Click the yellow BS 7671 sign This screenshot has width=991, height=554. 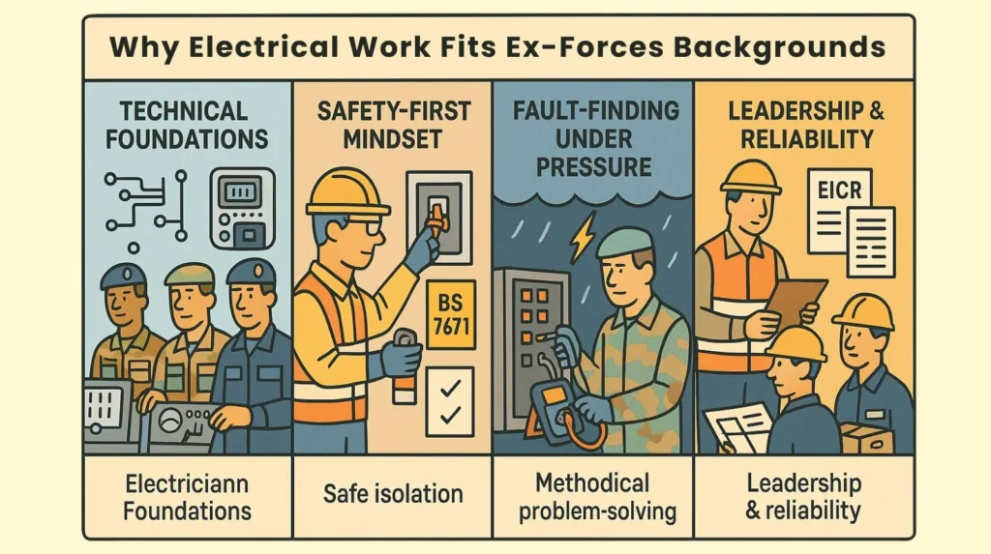click(449, 314)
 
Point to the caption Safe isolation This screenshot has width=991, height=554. click(393, 495)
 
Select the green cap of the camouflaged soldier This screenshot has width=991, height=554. click(624, 242)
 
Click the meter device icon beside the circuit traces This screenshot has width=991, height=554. click(241, 207)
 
